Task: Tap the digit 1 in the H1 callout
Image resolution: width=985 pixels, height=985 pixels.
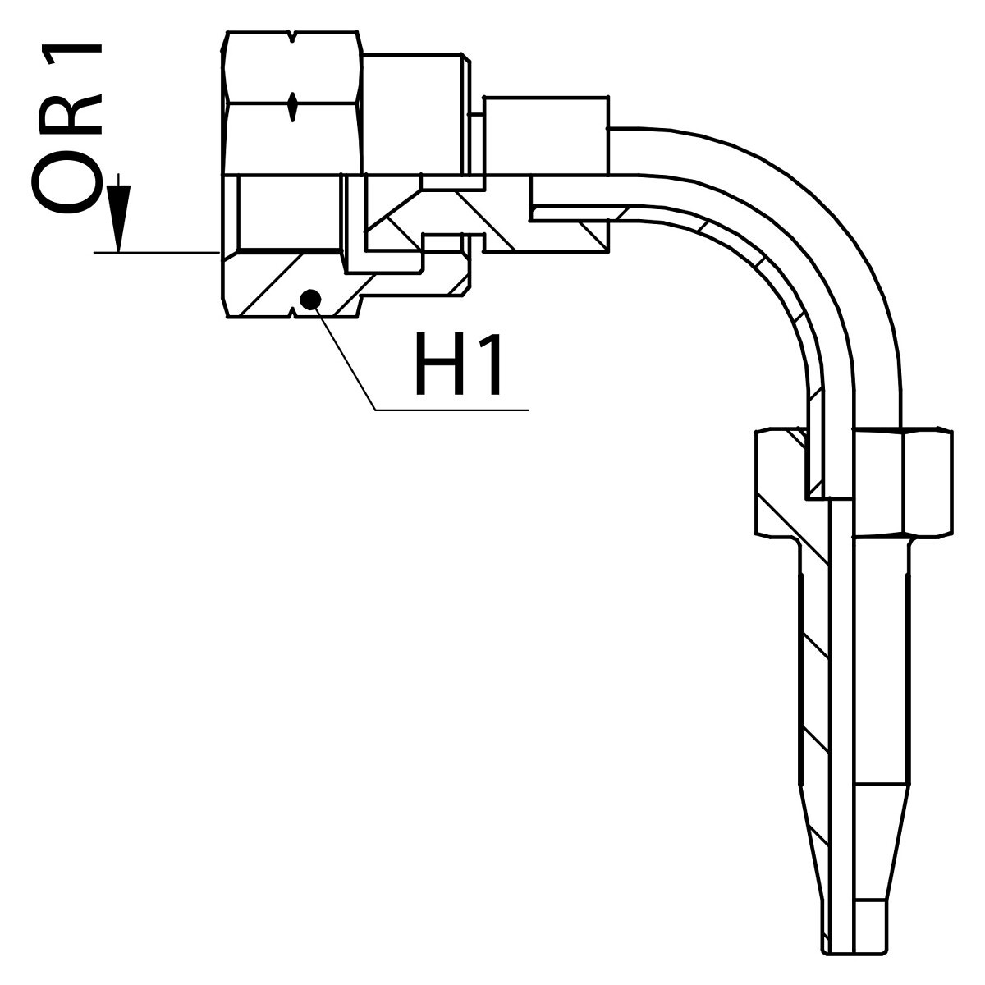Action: coord(489,364)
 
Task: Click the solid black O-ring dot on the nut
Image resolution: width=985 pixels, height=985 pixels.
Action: coord(310,300)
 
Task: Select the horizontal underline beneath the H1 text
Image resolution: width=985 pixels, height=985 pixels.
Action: coord(451,409)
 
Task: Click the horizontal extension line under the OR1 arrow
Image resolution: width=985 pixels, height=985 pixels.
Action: coord(156,253)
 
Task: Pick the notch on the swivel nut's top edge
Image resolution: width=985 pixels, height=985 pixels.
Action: coord(293,37)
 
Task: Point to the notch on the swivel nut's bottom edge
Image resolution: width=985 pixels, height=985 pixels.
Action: coord(293,311)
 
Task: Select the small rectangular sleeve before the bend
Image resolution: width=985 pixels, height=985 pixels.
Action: coord(546,135)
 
